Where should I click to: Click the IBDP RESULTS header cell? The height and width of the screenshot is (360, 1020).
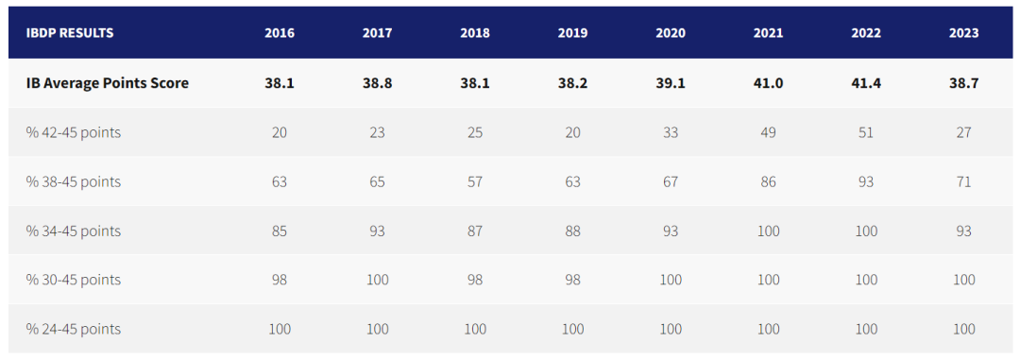[70, 33]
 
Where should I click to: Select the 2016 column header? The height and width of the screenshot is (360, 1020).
[280, 33]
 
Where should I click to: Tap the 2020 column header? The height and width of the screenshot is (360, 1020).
[671, 33]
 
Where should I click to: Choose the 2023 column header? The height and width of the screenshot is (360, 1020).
[963, 33]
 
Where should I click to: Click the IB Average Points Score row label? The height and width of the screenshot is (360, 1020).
[108, 83]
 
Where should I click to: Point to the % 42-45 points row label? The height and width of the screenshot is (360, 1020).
[74, 132]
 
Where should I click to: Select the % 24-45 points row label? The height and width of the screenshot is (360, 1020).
[74, 329]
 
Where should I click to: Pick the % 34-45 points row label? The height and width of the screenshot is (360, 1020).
[74, 231]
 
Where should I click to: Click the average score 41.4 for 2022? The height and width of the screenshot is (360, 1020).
[866, 83]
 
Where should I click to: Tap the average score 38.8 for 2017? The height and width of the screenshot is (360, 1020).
[377, 83]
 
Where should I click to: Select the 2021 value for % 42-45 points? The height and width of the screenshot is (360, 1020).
[768, 132]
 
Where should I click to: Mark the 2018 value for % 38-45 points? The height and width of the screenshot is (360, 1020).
[475, 181]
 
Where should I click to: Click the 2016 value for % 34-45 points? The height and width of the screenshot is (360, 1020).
[280, 231]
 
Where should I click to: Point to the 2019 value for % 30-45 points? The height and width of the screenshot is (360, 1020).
[572, 280]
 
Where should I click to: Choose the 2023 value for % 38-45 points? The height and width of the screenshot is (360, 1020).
[963, 181]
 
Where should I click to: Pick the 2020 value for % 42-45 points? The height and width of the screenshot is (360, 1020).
[671, 132]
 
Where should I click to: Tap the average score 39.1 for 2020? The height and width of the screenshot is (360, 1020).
[671, 83]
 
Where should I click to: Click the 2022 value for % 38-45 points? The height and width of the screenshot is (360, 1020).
[866, 181]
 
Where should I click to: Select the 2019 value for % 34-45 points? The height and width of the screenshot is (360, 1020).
[572, 231]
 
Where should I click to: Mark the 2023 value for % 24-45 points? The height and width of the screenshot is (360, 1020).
[963, 329]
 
